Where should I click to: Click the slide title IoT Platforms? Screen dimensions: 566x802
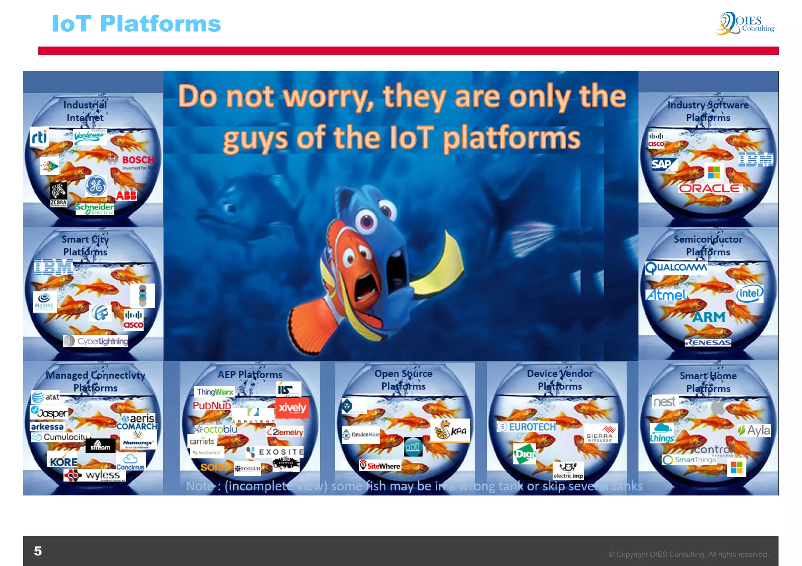[x=136, y=23]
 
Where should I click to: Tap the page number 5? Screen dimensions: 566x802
[x=38, y=551]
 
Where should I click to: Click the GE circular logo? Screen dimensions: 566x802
[x=96, y=186]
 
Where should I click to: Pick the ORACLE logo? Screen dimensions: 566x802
[x=710, y=189]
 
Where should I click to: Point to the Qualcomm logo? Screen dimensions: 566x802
[x=676, y=268]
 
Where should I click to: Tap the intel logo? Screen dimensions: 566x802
[x=750, y=293]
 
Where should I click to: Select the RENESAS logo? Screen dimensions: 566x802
[x=708, y=343]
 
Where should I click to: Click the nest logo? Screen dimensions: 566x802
[x=665, y=402]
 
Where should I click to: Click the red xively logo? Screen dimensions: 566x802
[x=292, y=408]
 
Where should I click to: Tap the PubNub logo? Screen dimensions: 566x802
[x=212, y=406]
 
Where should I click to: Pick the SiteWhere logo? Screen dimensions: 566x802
[x=380, y=466]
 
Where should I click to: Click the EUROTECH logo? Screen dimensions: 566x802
[x=526, y=427]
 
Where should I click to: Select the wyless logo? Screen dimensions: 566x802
[x=95, y=475]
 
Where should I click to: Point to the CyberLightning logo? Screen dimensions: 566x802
[x=96, y=341]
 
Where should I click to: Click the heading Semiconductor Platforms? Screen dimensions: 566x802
[x=708, y=246]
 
